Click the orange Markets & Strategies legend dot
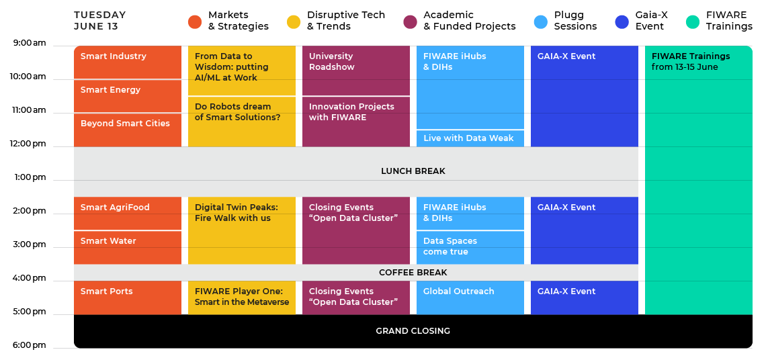(x=195, y=22)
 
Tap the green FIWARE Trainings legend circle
(x=693, y=22)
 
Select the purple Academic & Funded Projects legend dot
(x=411, y=22)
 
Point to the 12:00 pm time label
(x=30, y=144)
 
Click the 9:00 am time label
(x=30, y=43)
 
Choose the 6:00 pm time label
(x=30, y=345)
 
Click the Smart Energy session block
(x=128, y=96)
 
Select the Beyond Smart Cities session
(x=128, y=130)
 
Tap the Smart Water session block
(x=128, y=248)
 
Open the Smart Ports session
(x=128, y=298)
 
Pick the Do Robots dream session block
(x=242, y=122)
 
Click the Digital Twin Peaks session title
(x=232, y=212)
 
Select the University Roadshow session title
(x=332, y=62)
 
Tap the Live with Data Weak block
(x=470, y=138)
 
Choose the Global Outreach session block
(x=470, y=298)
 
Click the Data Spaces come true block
(x=470, y=248)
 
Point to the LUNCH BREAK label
(x=413, y=171)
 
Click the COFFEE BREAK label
(x=413, y=273)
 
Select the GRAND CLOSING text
(x=413, y=330)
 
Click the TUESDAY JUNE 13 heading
(x=99, y=21)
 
